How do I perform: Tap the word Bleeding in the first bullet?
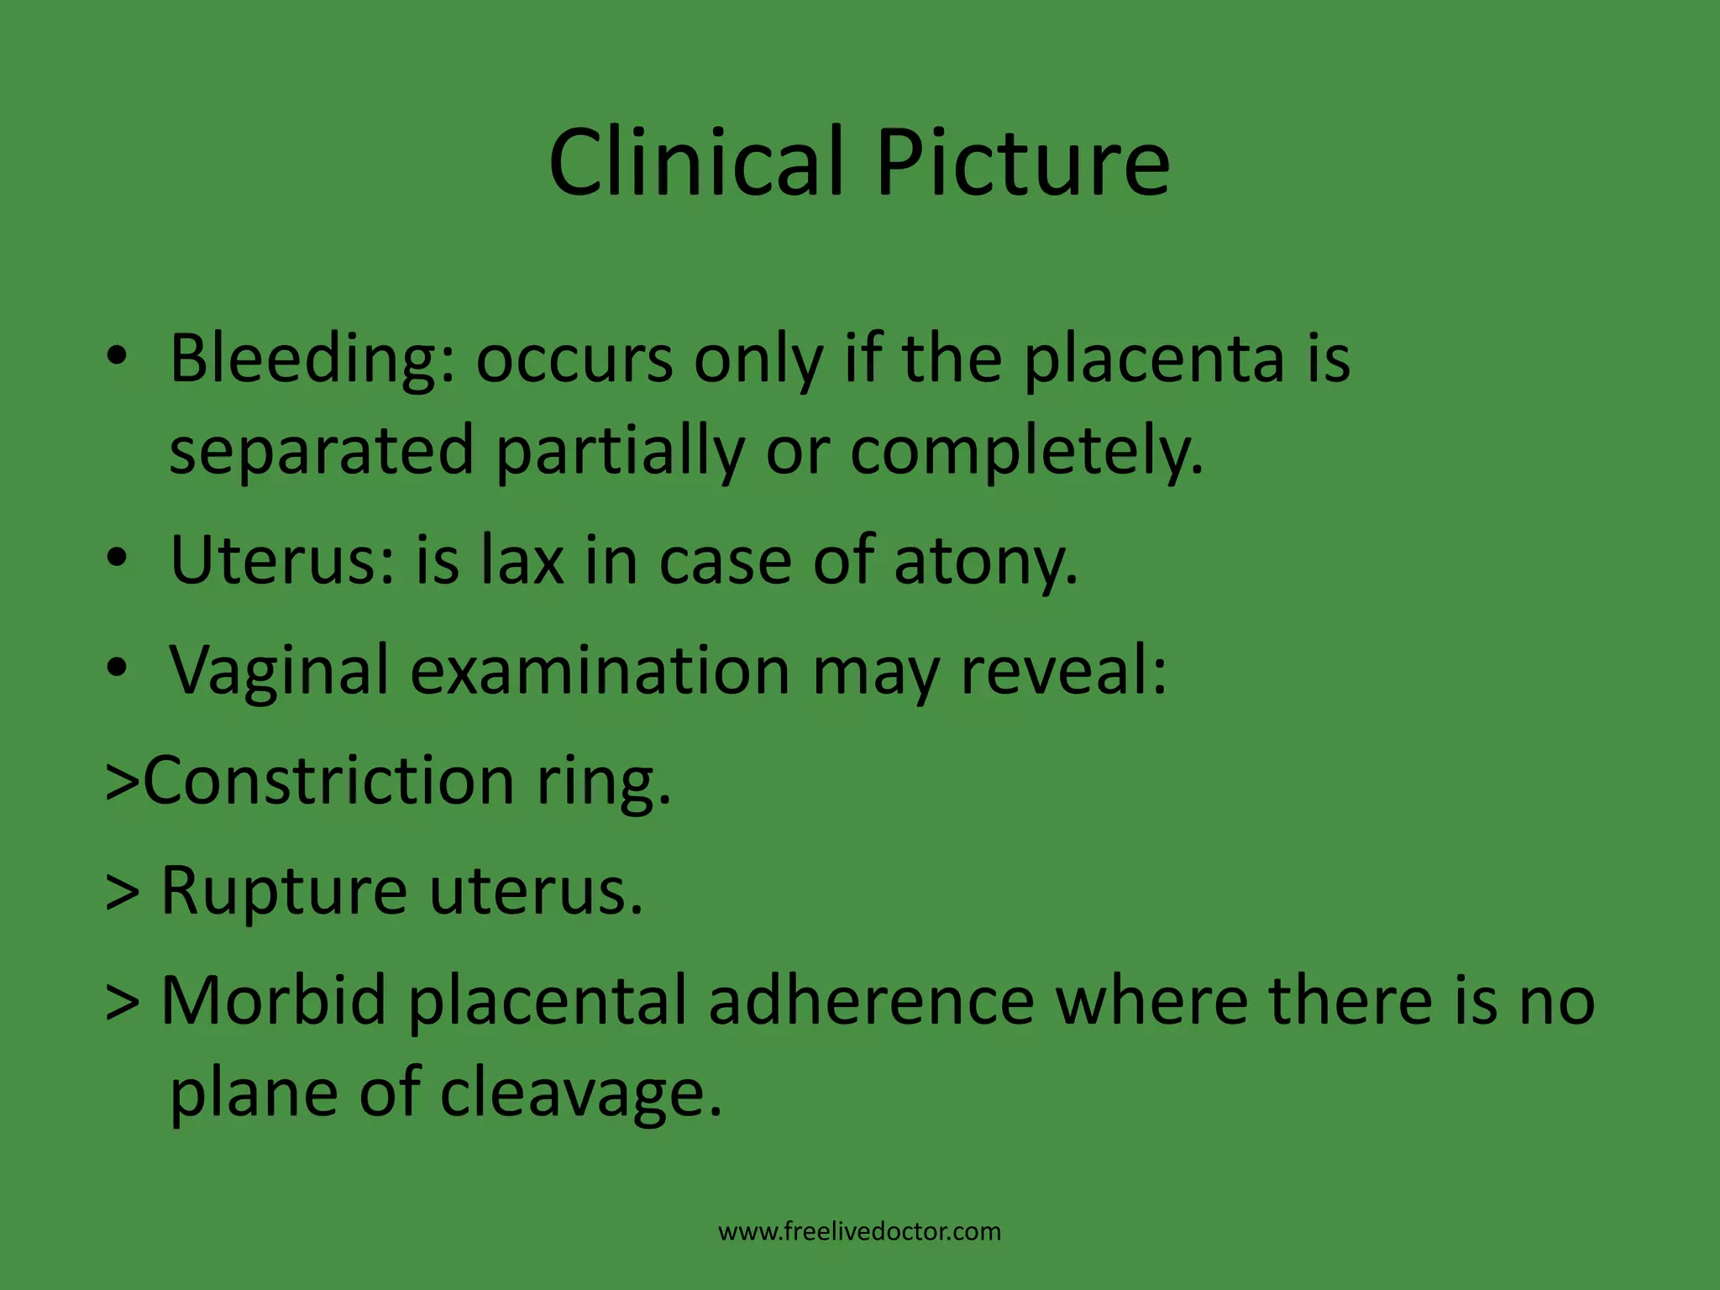(x=312, y=359)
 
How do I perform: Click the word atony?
(x=985, y=561)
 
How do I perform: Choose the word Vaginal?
(x=280, y=672)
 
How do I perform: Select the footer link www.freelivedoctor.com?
(x=859, y=1232)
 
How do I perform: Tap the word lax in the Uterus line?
(x=522, y=561)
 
